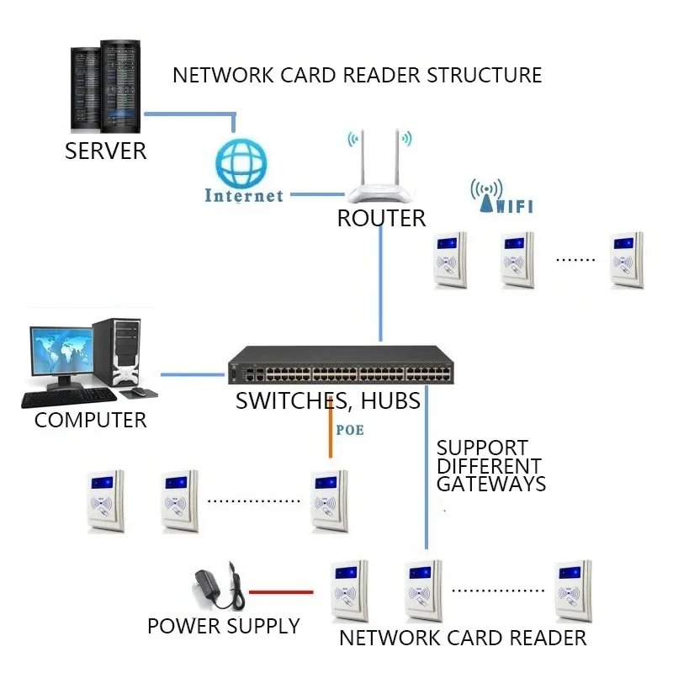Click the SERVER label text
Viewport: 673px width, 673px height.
(x=105, y=151)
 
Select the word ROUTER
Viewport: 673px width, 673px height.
(x=381, y=219)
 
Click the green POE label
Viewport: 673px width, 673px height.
(x=350, y=430)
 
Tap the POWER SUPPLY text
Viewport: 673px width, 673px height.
(x=223, y=627)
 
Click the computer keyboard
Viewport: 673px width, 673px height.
(x=65, y=398)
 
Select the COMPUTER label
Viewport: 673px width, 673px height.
(x=90, y=420)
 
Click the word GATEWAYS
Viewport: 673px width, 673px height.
(x=490, y=485)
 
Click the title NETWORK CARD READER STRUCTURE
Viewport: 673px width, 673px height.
(x=357, y=75)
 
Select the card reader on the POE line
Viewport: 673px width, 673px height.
(x=330, y=501)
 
